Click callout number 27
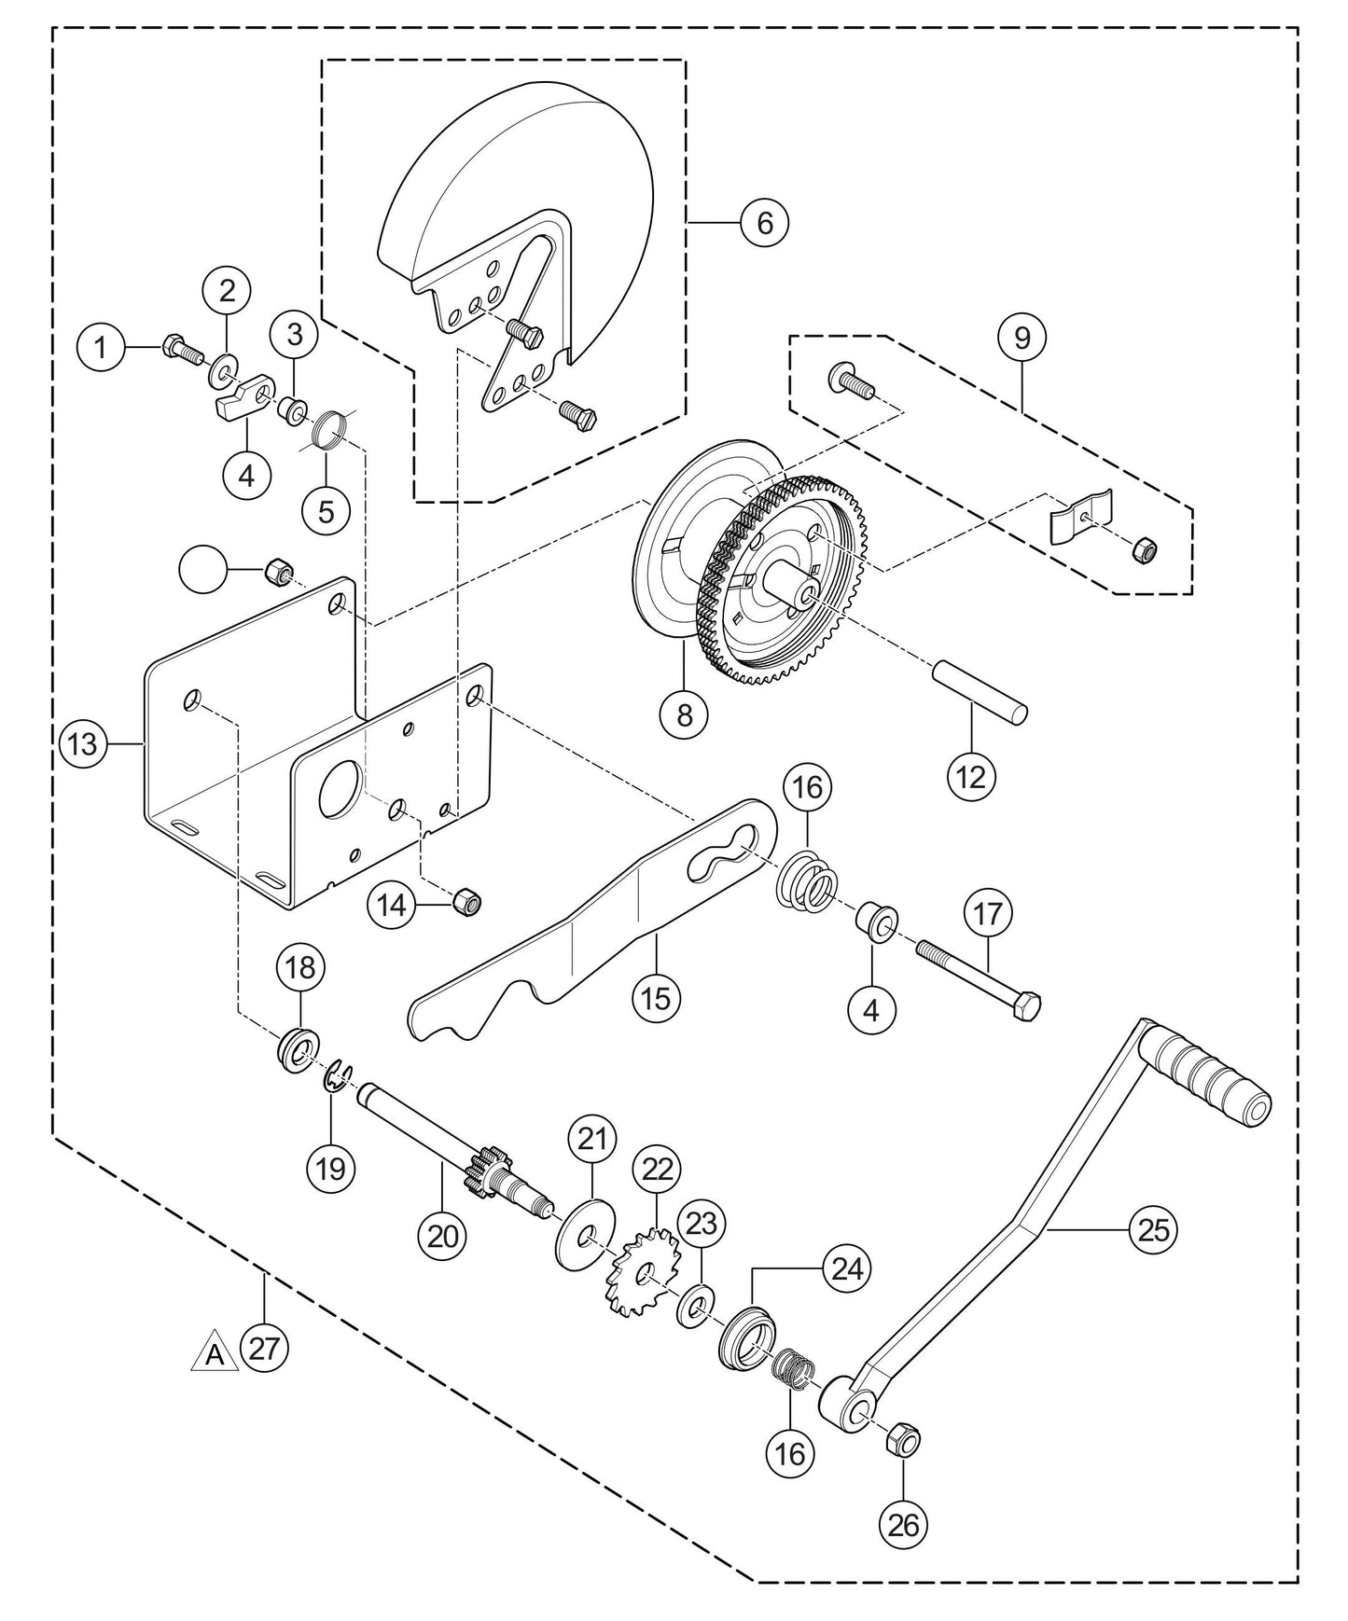(264, 1348)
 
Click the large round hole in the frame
(340, 789)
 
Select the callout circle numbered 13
(83, 744)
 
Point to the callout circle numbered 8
(685, 715)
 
